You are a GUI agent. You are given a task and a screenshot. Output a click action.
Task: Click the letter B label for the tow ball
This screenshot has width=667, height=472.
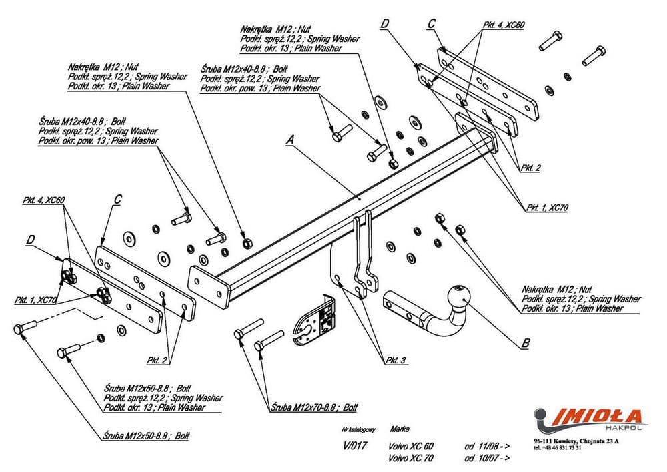click(525, 344)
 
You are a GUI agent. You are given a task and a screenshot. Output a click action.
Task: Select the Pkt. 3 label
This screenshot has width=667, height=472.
click(396, 361)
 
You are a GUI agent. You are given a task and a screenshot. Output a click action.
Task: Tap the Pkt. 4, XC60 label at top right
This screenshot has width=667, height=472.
click(504, 25)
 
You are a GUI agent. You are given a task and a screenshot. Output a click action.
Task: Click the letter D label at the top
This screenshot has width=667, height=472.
click(384, 24)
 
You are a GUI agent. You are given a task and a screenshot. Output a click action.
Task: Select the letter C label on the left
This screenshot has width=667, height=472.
click(117, 198)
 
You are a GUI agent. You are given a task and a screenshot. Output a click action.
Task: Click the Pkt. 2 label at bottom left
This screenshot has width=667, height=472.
click(159, 360)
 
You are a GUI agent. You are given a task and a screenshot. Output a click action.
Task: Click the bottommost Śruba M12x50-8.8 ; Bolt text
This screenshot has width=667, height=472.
click(147, 435)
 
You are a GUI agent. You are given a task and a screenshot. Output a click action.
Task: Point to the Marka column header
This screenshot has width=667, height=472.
click(402, 429)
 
